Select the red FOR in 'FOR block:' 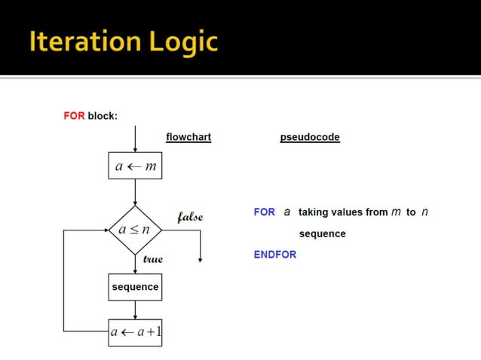(73, 116)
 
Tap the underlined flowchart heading (188, 137)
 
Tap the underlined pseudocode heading (310, 137)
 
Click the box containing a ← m (135, 166)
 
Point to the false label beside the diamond (189, 217)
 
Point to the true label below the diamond (152, 258)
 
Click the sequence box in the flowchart (135, 287)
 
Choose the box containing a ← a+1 (135, 332)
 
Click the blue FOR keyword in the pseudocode (264, 212)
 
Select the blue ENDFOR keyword (274, 255)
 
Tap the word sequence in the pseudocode (322, 233)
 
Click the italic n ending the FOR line (424, 212)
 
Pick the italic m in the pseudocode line (396, 212)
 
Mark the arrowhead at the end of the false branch (201, 258)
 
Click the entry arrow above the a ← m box (135, 139)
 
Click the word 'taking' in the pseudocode (313, 212)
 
